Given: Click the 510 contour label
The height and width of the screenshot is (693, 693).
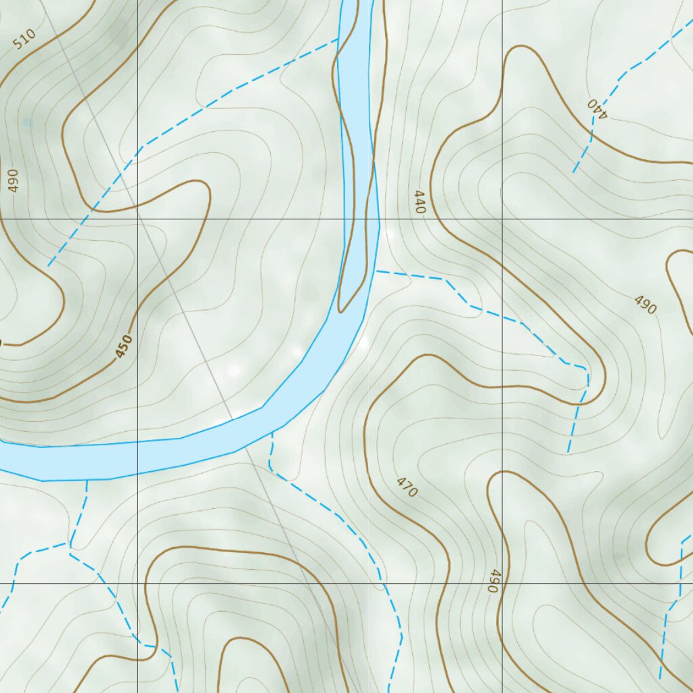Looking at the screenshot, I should coord(23,40).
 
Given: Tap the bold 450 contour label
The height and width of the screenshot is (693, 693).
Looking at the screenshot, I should coord(123,346).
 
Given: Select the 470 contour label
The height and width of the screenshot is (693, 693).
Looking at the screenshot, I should coord(407,487).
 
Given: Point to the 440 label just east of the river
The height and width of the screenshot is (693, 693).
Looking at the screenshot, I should coord(420,203).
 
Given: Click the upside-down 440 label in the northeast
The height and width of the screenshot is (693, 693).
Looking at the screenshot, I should coord(597,108).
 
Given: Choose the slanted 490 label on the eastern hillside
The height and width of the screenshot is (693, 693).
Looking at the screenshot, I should coord(645,305).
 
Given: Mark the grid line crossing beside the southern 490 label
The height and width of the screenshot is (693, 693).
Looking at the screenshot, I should coord(502,583).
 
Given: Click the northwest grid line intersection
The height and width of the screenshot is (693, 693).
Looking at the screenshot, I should coord(137,219).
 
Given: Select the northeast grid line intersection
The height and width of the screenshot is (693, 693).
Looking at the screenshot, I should coord(502,219).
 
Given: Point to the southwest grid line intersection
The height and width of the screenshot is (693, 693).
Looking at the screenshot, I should coord(137,583).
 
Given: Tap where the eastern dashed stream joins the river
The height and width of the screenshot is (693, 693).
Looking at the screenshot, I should coord(376,271).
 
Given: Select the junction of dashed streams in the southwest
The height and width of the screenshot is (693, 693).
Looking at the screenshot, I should coord(69,545).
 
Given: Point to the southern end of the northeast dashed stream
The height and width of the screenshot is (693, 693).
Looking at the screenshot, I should coord(574,173).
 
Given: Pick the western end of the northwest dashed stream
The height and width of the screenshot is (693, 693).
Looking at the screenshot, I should coord(48,266).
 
